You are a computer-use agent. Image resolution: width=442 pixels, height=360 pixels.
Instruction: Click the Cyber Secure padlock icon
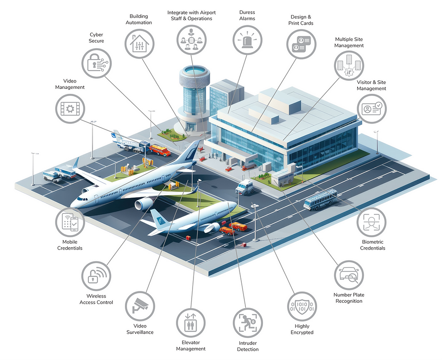pos(97,64)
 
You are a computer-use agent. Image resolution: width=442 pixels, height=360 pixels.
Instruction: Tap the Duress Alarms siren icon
pos(247,40)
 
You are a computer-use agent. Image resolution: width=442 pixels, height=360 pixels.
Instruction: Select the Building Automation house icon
pos(139,44)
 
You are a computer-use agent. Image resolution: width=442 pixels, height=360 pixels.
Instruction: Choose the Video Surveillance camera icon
pos(140,306)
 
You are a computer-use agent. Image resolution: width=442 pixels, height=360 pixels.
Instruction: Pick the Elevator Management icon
pos(191,323)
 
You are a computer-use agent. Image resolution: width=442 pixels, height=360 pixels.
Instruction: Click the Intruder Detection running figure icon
pos(248,323)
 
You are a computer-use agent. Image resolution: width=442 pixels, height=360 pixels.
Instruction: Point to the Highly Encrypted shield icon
pos(302,307)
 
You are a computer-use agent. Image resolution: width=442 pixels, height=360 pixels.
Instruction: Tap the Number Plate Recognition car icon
pos(349,275)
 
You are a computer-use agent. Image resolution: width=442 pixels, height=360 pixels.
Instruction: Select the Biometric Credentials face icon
pos(371,222)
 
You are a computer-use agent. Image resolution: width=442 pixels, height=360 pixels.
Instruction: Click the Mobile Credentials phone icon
pos(70,222)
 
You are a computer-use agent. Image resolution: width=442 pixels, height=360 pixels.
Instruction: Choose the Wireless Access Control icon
pos(96,276)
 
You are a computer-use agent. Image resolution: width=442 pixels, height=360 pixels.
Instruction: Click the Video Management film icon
pos(70,109)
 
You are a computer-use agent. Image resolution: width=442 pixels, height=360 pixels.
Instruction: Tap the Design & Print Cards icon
pos(301,44)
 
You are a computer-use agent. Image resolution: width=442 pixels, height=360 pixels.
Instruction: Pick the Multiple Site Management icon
pos(349,65)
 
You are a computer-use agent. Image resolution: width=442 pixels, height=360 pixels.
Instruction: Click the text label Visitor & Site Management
pos(371,85)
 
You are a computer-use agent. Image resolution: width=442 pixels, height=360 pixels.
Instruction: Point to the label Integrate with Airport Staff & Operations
pos(191,15)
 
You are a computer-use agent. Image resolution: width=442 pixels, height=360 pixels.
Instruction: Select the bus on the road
pos(321,199)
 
